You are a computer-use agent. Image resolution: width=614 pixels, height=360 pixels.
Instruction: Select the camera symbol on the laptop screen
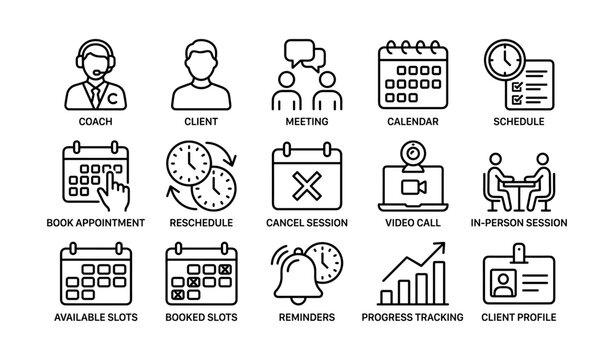[x=413, y=190]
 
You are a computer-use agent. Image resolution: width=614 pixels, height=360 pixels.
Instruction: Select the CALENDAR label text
[x=413, y=123]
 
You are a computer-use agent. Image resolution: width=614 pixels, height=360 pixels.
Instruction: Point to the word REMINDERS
[x=306, y=317]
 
